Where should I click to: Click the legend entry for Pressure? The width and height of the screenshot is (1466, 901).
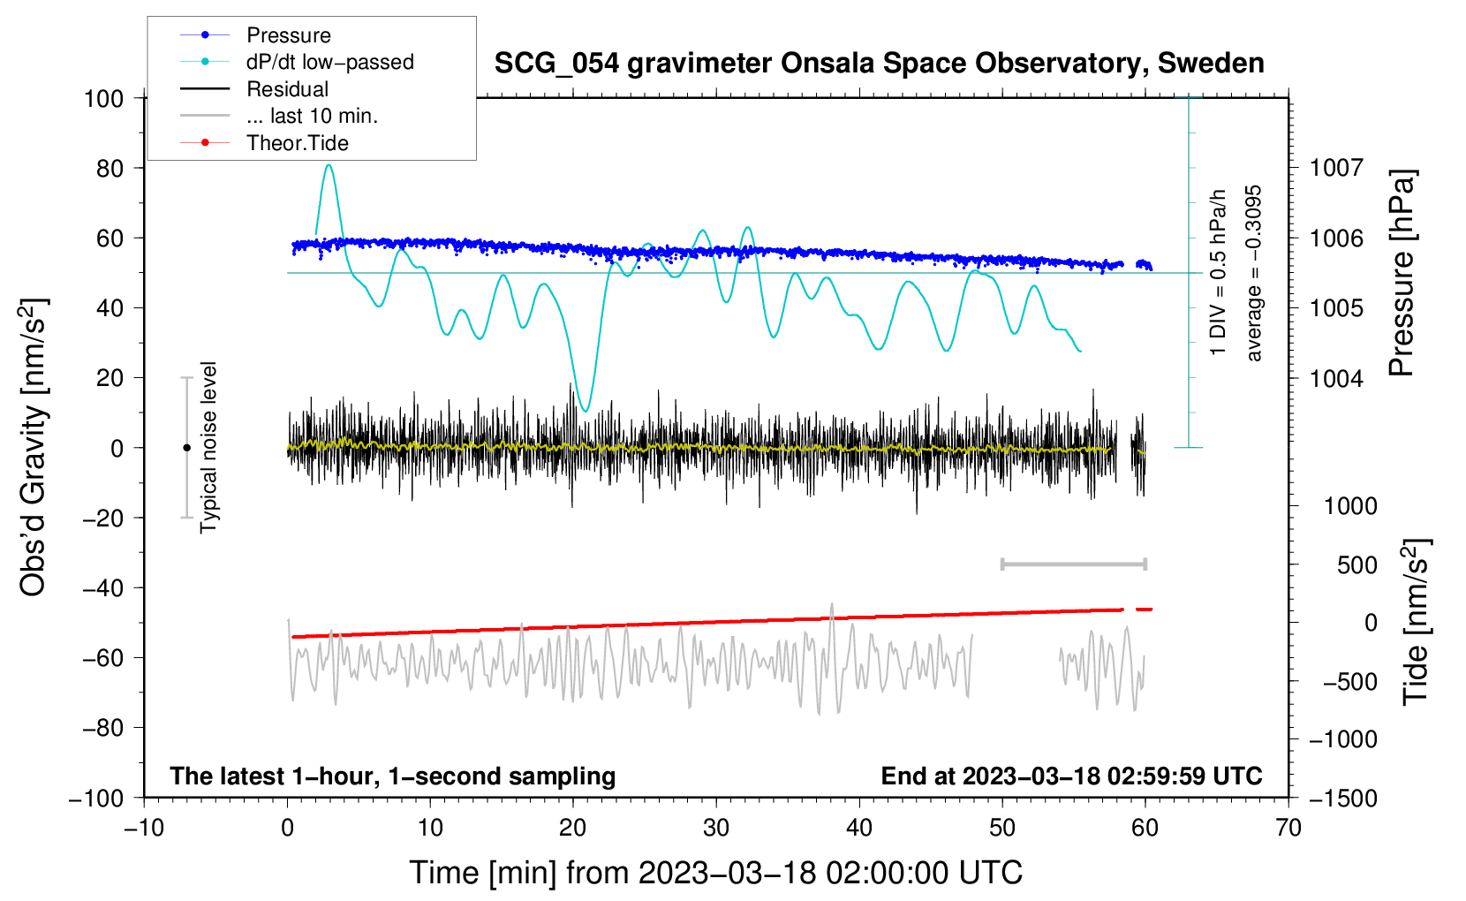click(288, 35)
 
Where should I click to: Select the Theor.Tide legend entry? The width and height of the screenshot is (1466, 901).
click(297, 143)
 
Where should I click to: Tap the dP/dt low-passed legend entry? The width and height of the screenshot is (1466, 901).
click(329, 62)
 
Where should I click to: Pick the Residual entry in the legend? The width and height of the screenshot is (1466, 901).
click(287, 89)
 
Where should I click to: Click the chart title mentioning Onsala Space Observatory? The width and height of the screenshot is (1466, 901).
click(879, 64)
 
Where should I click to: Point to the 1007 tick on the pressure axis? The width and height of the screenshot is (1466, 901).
click(1336, 168)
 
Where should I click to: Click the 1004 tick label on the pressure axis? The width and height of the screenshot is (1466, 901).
click(1336, 378)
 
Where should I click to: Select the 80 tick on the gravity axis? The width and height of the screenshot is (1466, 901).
click(110, 168)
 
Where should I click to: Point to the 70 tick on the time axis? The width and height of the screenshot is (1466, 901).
click(1288, 828)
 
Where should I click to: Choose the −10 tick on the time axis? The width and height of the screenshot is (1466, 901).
click(144, 828)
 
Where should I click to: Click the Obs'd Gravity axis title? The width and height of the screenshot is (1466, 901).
click(34, 447)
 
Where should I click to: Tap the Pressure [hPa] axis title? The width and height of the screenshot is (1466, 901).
click(1402, 273)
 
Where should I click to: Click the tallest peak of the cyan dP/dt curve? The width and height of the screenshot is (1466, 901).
click(329, 165)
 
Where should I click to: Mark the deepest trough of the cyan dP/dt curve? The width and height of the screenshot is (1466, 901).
click(585, 411)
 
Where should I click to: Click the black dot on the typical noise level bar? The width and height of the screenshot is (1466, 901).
click(186, 448)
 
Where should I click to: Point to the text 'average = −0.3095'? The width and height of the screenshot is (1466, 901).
click(1254, 273)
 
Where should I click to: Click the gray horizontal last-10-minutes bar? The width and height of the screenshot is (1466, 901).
click(1073, 564)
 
